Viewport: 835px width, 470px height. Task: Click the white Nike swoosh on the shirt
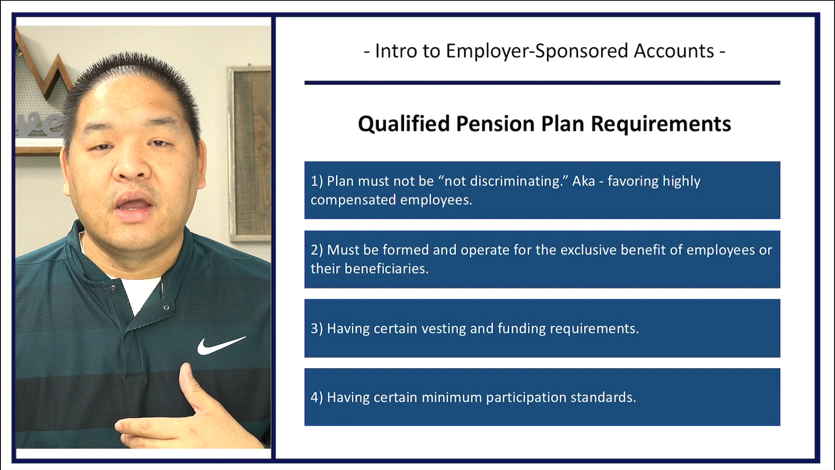click(x=220, y=345)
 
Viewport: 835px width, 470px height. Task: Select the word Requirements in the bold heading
click(x=661, y=124)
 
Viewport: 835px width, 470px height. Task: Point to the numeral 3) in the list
click(x=317, y=329)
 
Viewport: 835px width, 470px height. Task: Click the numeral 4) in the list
click(x=317, y=397)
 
